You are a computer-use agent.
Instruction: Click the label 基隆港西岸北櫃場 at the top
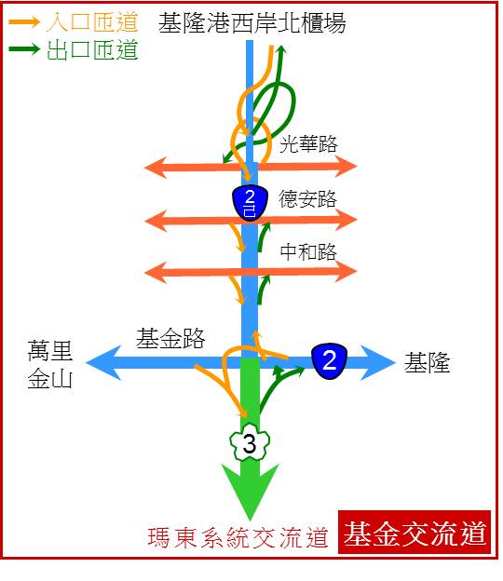252,23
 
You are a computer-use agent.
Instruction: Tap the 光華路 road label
308,143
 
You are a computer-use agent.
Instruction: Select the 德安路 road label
307,199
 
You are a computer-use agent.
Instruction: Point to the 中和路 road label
308,252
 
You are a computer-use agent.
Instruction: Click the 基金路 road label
170,338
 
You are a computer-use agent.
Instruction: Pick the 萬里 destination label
49,351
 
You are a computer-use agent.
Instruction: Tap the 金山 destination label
49,378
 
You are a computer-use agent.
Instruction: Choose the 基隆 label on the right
427,362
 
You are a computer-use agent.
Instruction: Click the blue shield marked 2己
251,203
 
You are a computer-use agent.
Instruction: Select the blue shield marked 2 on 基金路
330,361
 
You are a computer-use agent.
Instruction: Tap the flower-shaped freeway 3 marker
250,441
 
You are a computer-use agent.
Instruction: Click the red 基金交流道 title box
415,532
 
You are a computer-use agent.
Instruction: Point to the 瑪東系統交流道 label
238,537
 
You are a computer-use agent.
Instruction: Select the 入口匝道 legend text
92,21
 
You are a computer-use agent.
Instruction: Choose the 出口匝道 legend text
92,50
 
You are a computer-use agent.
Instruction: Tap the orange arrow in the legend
23,21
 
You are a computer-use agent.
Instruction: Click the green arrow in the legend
23,49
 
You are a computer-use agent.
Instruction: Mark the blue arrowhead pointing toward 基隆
377,363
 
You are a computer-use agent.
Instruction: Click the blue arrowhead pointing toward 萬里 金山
103,363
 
